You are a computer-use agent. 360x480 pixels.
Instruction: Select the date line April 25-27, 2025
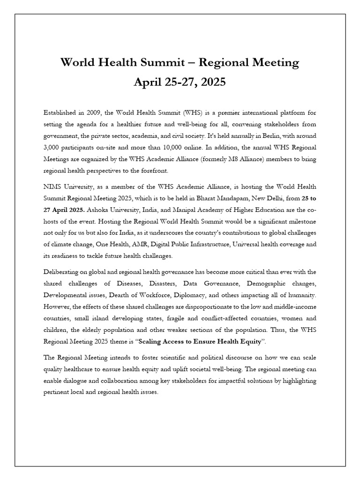coord(180,82)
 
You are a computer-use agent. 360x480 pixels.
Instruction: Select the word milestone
coord(300,221)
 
